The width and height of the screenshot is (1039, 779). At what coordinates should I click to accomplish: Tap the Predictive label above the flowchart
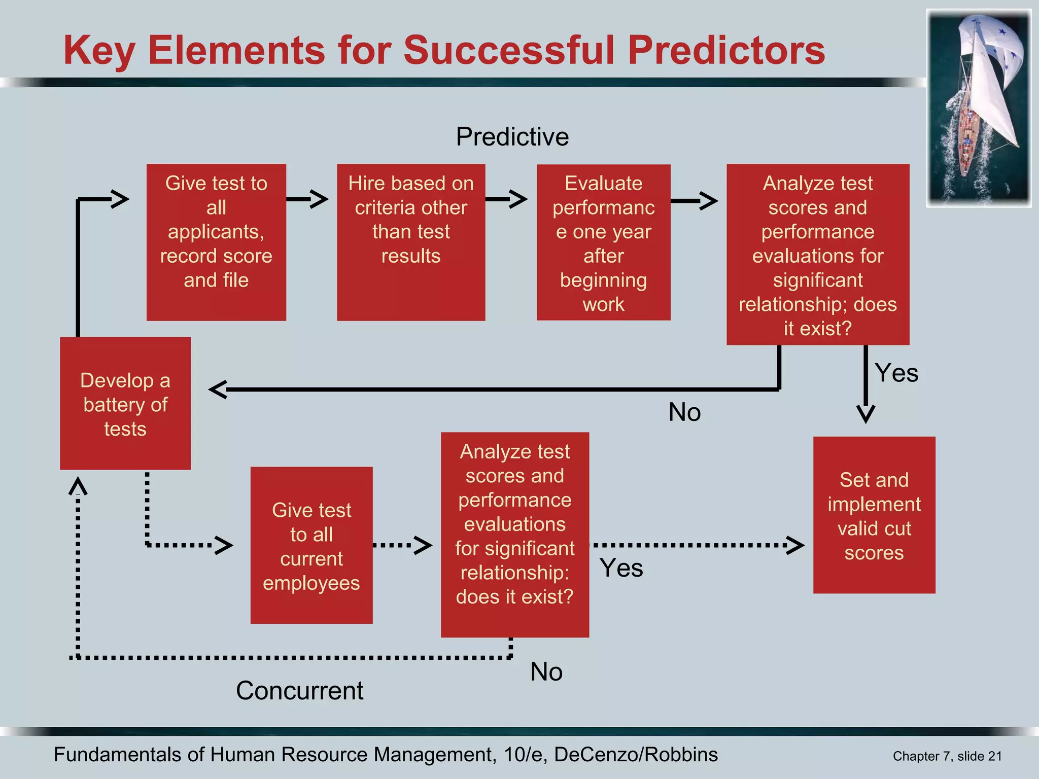pyautogui.click(x=512, y=136)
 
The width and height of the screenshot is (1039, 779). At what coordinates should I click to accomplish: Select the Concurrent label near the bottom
pyautogui.click(x=299, y=690)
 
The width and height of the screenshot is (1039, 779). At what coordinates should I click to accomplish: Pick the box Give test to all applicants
pyautogui.click(x=216, y=242)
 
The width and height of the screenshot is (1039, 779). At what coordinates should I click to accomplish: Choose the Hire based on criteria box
pyautogui.click(x=411, y=242)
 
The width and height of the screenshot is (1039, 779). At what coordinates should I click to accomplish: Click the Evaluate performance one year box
pyautogui.click(x=603, y=242)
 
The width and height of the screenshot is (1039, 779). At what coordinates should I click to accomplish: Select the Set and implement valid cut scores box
pyautogui.click(x=874, y=515)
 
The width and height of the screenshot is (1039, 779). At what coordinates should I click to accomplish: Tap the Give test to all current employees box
pyautogui.click(x=311, y=545)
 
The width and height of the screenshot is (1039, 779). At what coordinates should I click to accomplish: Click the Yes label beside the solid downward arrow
pyautogui.click(x=896, y=373)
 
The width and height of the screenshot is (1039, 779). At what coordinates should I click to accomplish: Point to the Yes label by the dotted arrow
pyautogui.click(x=621, y=568)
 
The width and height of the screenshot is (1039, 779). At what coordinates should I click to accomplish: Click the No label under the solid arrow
pyautogui.click(x=684, y=412)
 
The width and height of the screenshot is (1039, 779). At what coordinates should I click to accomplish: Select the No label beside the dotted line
pyautogui.click(x=546, y=671)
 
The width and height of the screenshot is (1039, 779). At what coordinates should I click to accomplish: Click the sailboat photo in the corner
pyautogui.click(x=979, y=108)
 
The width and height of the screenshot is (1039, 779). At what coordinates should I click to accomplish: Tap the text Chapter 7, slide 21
pyautogui.click(x=947, y=756)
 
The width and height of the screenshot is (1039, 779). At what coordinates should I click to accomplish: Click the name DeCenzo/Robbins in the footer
pyautogui.click(x=636, y=755)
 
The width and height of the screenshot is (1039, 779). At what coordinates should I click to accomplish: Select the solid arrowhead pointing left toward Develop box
pyautogui.click(x=217, y=389)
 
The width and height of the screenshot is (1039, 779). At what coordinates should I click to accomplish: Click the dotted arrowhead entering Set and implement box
pyautogui.click(x=795, y=545)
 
